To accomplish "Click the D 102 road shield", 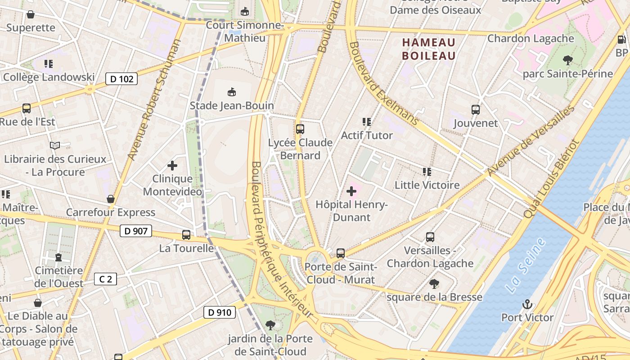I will click(121, 79).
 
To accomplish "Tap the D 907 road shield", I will click(135, 231).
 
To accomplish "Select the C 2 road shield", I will click(105, 279).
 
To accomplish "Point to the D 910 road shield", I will click(220, 312).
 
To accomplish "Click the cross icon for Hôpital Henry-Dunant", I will click(351, 192).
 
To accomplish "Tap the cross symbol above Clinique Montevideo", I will click(172, 166).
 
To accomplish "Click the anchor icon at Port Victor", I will click(527, 305).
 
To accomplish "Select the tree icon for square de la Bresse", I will click(434, 284).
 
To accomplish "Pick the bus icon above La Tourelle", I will click(186, 235).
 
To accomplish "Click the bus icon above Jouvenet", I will click(476, 110).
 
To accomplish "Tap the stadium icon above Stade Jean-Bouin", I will click(232, 92).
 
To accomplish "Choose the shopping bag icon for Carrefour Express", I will click(111, 199).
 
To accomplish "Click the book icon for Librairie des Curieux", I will click(55, 146).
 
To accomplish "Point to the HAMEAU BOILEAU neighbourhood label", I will click(429, 49).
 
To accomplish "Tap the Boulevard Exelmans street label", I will click(383, 84).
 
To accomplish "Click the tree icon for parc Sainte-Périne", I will click(567, 60).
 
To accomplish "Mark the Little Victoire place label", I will click(427, 185).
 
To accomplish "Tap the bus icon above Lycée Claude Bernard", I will click(300, 129).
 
